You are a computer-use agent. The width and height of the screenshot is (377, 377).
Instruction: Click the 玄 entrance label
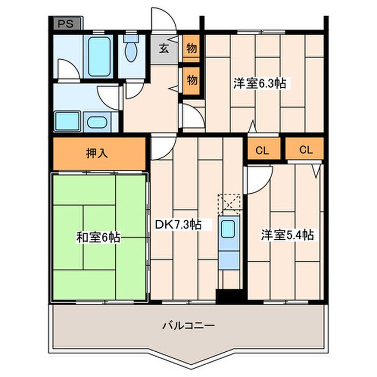click(x=164, y=48)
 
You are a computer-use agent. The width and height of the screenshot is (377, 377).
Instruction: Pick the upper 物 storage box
click(x=191, y=48)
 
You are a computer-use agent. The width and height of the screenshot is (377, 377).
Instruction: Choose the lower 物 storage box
click(x=191, y=80)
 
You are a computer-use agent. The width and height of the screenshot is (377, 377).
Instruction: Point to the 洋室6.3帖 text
click(x=259, y=83)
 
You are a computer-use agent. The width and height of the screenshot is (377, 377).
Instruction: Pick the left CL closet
click(x=262, y=150)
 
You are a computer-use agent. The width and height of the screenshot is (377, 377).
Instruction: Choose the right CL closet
click(x=305, y=150)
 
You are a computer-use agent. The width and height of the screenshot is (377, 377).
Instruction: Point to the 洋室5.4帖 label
click(x=287, y=235)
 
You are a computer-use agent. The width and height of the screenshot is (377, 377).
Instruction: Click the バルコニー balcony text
click(x=188, y=325)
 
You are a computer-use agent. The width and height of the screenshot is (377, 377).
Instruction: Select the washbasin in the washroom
click(x=97, y=122)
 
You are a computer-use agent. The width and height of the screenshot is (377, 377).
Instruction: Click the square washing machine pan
click(x=68, y=120)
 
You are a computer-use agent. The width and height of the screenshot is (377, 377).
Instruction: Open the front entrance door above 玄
click(x=163, y=22)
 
